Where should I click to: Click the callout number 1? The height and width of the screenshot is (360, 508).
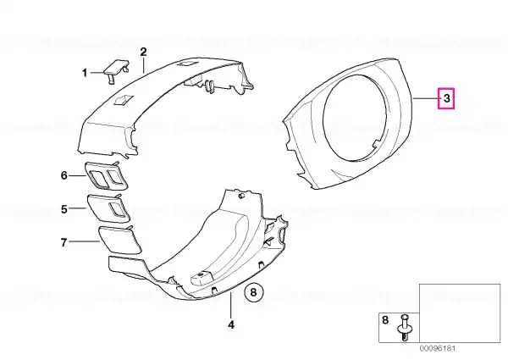85,73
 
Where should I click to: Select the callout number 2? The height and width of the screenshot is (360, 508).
143,52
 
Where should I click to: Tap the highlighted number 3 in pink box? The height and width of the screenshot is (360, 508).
446,98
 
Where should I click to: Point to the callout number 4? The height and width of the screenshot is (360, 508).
230,324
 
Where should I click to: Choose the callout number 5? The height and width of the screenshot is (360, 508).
64,209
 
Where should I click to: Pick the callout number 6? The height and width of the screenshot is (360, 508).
64,175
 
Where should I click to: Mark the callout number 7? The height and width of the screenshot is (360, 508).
63,242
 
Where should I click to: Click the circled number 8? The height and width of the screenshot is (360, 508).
254,292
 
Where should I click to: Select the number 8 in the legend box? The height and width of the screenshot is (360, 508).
385,320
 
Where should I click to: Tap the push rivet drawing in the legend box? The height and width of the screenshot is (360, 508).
404,327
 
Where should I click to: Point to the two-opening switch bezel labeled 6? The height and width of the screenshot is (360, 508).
106,175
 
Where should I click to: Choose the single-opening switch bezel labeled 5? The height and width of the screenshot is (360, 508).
108,208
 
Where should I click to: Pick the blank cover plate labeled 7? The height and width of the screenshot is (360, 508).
119,239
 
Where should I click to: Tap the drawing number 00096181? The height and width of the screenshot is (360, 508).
438,348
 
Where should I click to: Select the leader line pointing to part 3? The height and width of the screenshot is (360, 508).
425,98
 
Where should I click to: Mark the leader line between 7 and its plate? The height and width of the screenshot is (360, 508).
84,241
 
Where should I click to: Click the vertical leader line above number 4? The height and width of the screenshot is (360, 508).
230,305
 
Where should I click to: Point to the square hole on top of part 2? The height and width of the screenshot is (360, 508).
123,99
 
